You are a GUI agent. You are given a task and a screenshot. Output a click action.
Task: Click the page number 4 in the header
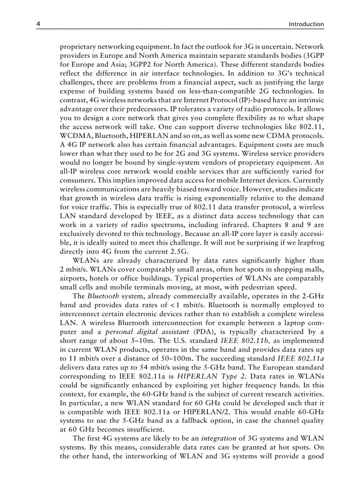click(38, 24)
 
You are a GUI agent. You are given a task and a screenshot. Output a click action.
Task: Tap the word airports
click(73, 278)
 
